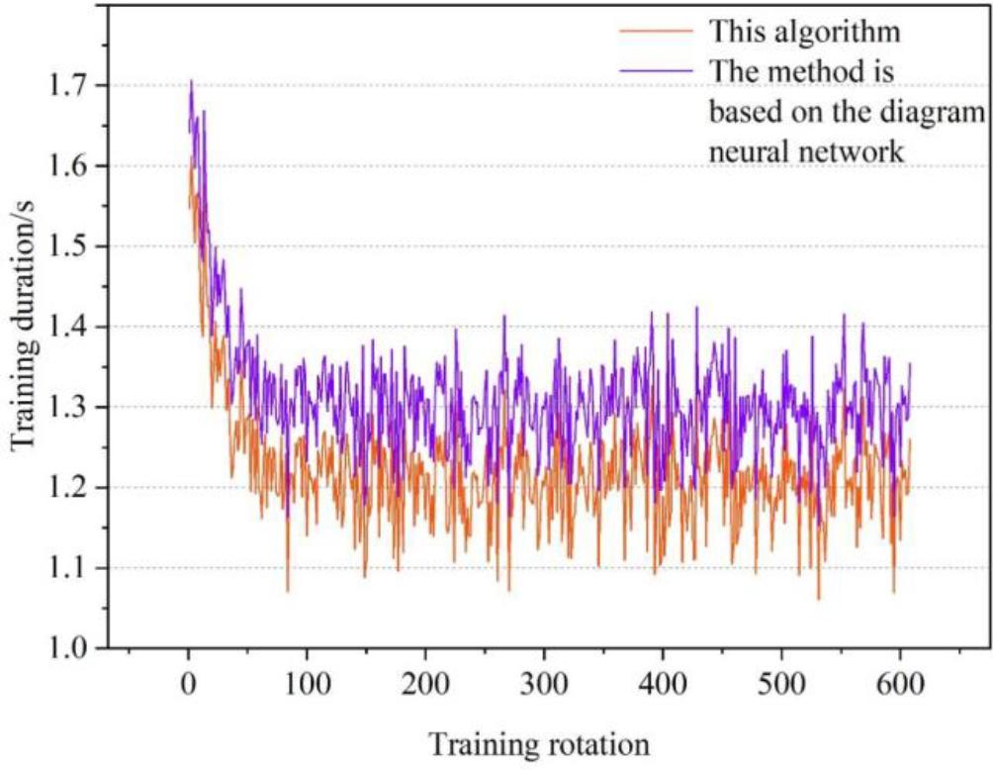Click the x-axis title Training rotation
point(539,742)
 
